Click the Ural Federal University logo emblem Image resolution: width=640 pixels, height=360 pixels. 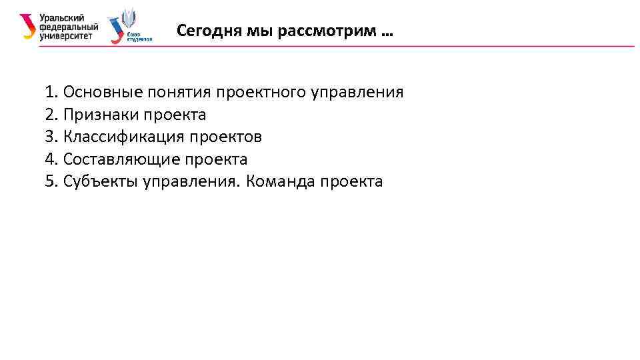coord(27,26)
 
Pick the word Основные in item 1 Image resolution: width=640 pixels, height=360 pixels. coord(98,92)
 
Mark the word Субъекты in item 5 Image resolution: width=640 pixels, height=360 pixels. coord(100,182)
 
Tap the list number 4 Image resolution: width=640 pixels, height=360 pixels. coord(50,160)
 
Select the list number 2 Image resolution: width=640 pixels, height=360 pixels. coord(50,115)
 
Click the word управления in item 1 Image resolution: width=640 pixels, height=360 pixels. coord(357,92)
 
